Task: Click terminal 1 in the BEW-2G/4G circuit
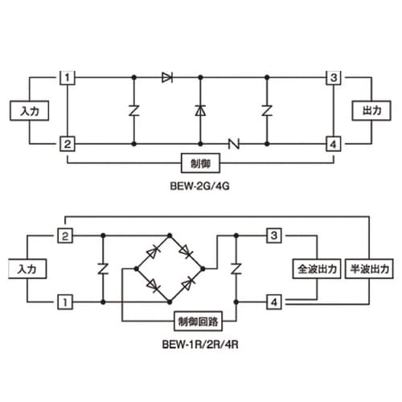67,78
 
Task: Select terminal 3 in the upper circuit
334,78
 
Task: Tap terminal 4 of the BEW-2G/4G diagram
334,144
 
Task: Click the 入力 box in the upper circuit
30,111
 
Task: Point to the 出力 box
371,111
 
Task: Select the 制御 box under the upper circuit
201,163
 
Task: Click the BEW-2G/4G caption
200,186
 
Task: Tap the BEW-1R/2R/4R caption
200,344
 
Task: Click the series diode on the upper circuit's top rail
167,78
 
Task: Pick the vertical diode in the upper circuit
200,111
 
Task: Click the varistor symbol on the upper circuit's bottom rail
234,144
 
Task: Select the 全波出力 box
317,269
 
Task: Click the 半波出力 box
369,269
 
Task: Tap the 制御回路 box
199,321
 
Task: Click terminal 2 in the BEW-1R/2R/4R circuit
65,236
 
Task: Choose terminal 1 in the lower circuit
65,302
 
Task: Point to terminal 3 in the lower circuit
274,236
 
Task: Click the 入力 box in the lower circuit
27,269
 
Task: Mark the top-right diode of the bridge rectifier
186,252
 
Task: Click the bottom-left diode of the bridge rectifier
153,285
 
